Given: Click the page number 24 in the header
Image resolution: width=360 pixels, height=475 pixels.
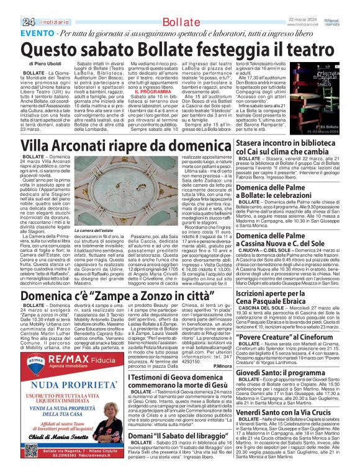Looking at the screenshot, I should coord(11,6).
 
